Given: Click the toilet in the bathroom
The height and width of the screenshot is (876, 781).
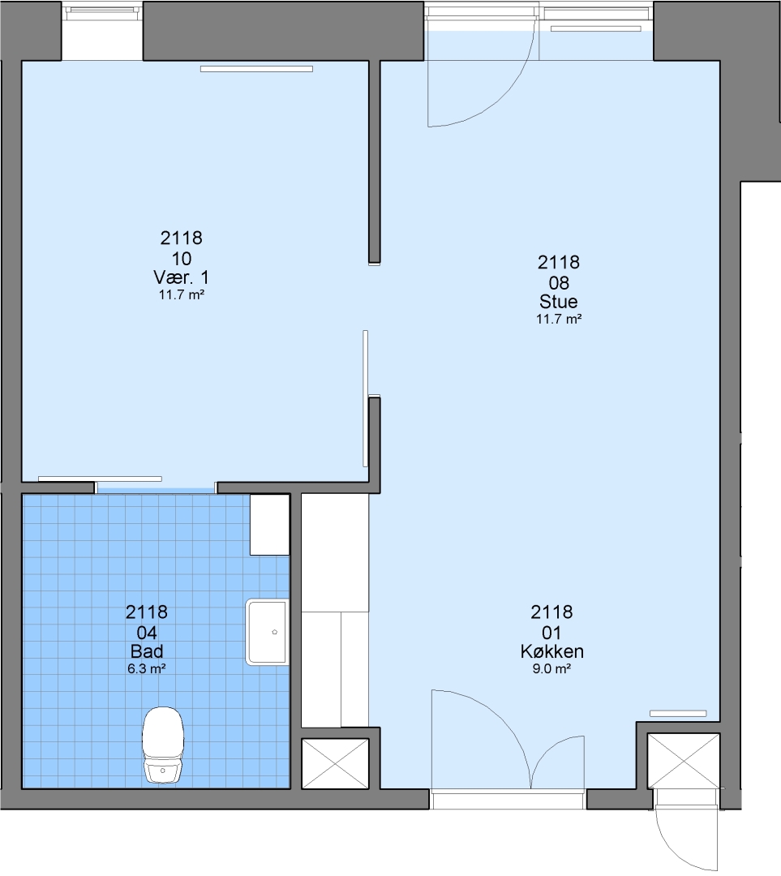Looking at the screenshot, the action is pyautogui.click(x=162, y=745).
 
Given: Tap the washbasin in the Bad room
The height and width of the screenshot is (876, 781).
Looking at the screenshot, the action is pyautogui.click(x=267, y=632).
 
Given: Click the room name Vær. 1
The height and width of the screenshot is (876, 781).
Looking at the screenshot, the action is pyautogui.click(x=181, y=277).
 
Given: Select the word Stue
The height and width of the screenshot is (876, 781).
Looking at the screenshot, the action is pyautogui.click(x=559, y=302).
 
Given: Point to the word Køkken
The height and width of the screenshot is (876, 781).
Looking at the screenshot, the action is pyautogui.click(x=552, y=651).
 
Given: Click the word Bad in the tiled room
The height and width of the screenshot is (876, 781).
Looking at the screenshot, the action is pyautogui.click(x=147, y=651).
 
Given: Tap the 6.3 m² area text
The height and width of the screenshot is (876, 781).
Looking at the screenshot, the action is pyautogui.click(x=146, y=668).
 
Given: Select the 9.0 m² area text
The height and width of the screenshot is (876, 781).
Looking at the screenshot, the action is pyautogui.click(x=551, y=668).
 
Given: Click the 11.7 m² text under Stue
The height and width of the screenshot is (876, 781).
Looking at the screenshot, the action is pyautogui.click(x=559, y=319).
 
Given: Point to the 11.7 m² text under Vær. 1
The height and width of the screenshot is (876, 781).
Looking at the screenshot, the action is pyautogui.click(x=181, y=294).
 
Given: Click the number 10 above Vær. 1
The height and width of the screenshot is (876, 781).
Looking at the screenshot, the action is pyautogui.click(x=182, y=259).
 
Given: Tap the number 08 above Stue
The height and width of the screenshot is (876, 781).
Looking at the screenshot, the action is pyautogui.click(x=559, y=283).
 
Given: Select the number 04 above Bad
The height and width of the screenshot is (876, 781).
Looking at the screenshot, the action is pyautogui.click(x=147, y=633).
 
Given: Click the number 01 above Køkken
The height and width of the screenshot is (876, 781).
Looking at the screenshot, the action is pyautogui.click(x=551, y=633).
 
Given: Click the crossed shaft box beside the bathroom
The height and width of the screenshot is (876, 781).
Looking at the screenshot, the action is pyautogui.click(x=335, y=764).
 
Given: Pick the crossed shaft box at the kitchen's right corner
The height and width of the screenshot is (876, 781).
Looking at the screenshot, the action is pyautogui.click(x=683, y=761).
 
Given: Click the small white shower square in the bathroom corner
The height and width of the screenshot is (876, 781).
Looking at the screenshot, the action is pyautogui.click(x=269, y=525).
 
